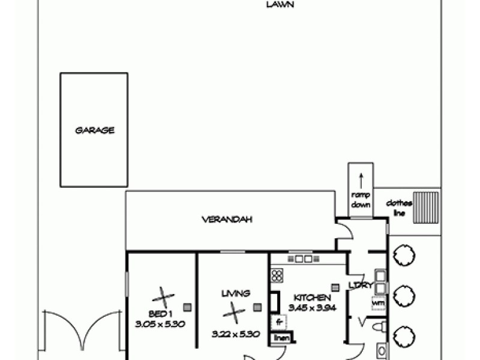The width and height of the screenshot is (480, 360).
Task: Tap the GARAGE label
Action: click(94, 130)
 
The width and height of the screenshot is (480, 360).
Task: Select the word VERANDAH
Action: click(226, 220)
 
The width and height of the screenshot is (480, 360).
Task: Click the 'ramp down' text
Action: click(361, 200)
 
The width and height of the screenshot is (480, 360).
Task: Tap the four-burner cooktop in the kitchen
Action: click(277, 275)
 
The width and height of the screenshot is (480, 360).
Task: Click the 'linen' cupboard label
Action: click(281, 338)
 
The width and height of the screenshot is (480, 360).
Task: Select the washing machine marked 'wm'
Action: click(378, 303)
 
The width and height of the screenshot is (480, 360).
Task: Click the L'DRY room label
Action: click(362, 286)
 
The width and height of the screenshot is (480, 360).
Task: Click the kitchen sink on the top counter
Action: click(303, 259)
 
